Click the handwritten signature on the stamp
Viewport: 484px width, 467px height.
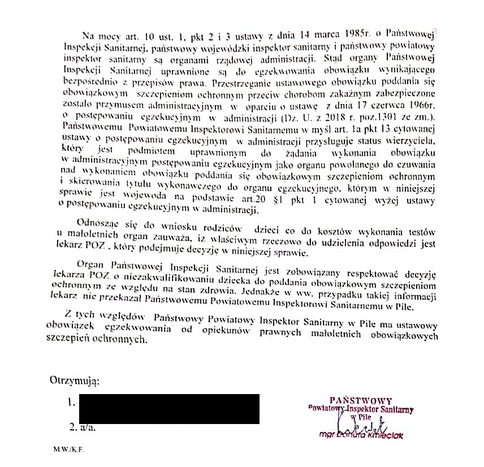pos(362,423)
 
